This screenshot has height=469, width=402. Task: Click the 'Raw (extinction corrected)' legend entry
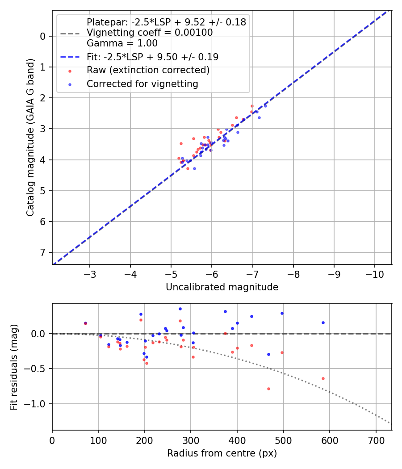(148, 70)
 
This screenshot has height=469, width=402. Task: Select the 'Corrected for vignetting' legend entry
(142, 84)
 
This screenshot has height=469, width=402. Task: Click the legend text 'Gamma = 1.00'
(122, 43)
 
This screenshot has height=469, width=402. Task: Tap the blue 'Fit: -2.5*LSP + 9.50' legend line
(70, 57)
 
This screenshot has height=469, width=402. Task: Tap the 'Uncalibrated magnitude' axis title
(222, 287)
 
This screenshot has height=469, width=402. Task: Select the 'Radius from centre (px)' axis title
(222, 453)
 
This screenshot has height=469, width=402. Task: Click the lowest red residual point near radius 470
(268, 389)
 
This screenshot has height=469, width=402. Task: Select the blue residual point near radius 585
(323, 322)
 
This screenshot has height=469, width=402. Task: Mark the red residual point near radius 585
(323, 378)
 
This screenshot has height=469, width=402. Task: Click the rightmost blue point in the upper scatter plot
(265, 106)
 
